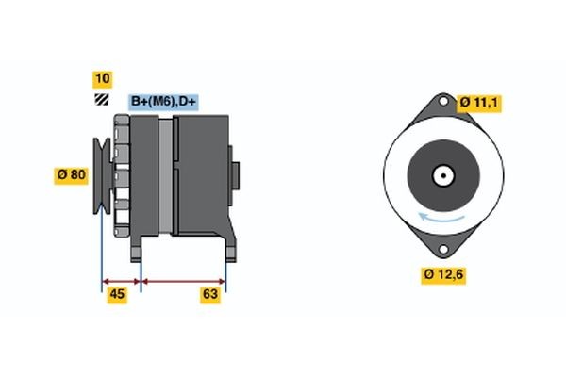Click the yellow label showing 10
tap(101, 77)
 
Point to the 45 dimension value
tap(118, 295)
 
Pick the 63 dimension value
tap(210, 295)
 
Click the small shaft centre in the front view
tap(441, 175)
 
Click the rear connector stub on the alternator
tap(236, 174)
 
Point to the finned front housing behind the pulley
tap(121, 174)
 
